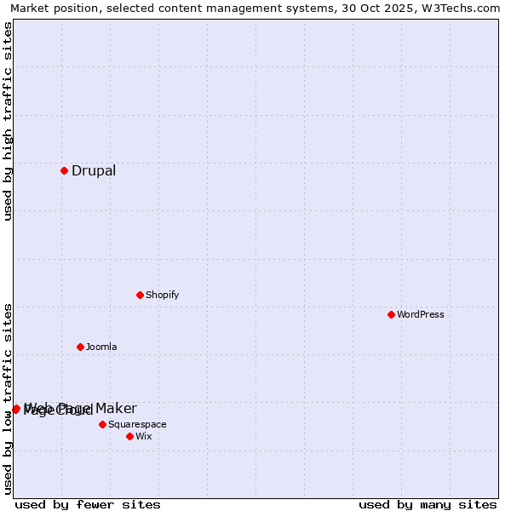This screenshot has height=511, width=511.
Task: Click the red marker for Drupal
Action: [64, 170]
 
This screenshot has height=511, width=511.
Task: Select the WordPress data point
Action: [391, 314]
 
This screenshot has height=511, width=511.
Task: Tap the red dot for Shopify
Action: [140, 295]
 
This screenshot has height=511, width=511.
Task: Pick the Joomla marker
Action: [80, 347]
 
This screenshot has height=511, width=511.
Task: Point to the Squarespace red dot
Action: [102, 424]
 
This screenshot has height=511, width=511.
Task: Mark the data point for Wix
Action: [129, 436]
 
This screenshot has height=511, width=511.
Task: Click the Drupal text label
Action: [94, 170]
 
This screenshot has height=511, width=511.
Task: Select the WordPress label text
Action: [421, 314]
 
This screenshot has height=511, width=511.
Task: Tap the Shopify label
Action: [162, 295]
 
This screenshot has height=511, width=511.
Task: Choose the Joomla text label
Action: [101, 347]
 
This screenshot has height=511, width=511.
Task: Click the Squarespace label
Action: [137, 424]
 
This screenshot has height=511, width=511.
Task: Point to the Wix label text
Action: [143, 436]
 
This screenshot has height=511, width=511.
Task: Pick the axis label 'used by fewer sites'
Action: [88, 504]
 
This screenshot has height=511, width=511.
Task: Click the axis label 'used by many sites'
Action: [428, 504]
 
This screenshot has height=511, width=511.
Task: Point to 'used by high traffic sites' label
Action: [9, 121]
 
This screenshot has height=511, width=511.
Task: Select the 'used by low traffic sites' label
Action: [9, 398]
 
